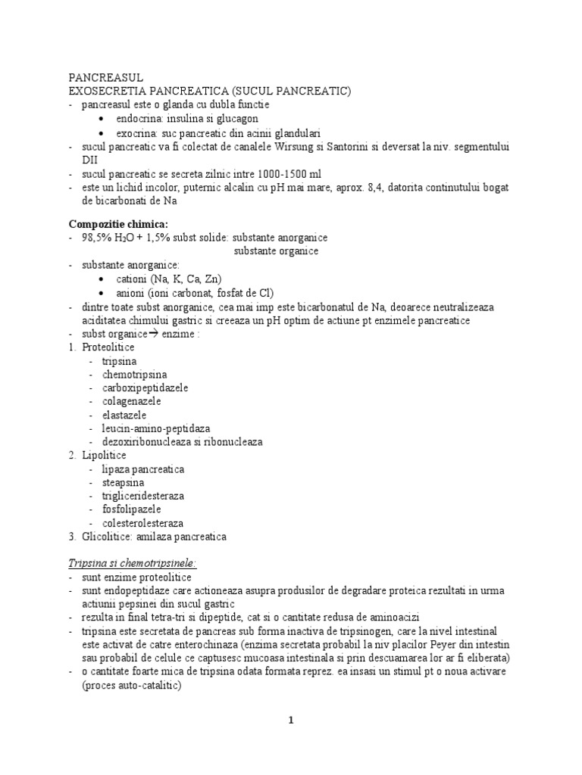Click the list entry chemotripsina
click(x=135, y=374)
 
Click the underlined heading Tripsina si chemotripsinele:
click(x=133, y=564)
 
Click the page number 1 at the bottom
click(x=291, y=721)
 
